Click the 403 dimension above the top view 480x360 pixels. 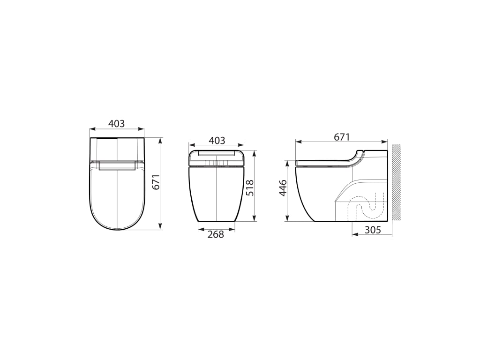click(x=117, y=124)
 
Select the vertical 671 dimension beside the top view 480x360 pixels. click(x=157, y=182)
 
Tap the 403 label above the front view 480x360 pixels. click(x=217, y=141)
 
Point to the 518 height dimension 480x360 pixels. click(x=250, y=187)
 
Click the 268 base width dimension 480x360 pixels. click(x=216, y=234)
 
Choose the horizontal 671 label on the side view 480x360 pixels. click(x=341, y=137)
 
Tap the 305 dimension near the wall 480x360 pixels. click(x=373, y=230)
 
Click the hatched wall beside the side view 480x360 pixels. click(x=397, y=182)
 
